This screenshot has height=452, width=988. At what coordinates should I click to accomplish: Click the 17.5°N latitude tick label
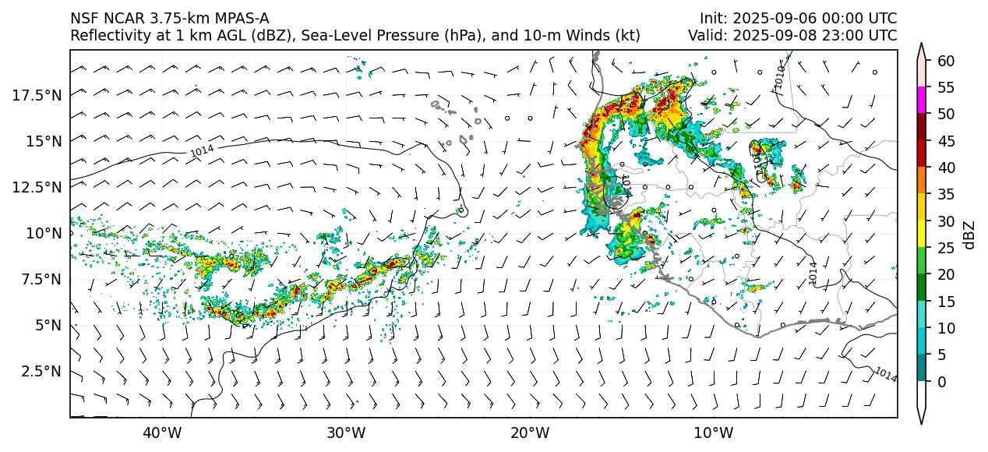coord(38,95)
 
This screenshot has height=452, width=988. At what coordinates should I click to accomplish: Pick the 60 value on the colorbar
coord(946,61)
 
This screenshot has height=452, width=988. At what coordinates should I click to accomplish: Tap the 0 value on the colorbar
coord(942,382)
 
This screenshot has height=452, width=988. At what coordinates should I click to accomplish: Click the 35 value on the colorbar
coord(946,195)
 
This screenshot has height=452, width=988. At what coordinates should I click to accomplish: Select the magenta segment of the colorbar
coord(922,101)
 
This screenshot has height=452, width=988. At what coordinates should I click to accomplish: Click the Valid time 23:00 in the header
coord(848,36)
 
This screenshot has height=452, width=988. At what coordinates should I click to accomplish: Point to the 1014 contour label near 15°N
coord(202,151)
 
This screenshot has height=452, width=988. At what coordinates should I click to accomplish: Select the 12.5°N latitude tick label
coord(38,187)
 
